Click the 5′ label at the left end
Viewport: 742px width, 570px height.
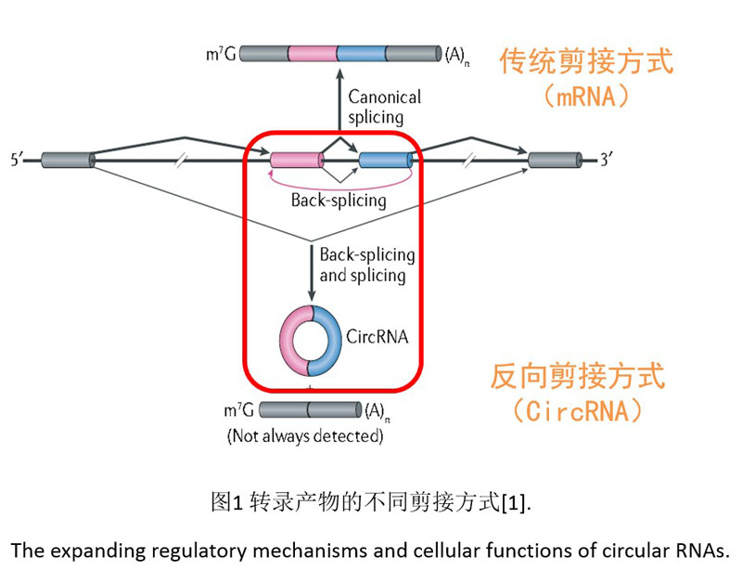(16, 161)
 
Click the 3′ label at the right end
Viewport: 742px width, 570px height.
(607, 160)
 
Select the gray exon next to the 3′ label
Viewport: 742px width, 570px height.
(556, 160)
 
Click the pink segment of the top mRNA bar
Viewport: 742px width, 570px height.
(312, 53)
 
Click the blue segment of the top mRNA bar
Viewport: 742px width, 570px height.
(361, 53)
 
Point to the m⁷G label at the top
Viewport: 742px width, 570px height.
(217, 54)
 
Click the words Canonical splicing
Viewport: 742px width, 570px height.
(384, 107)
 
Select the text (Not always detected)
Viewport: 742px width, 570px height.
(304, 434)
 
